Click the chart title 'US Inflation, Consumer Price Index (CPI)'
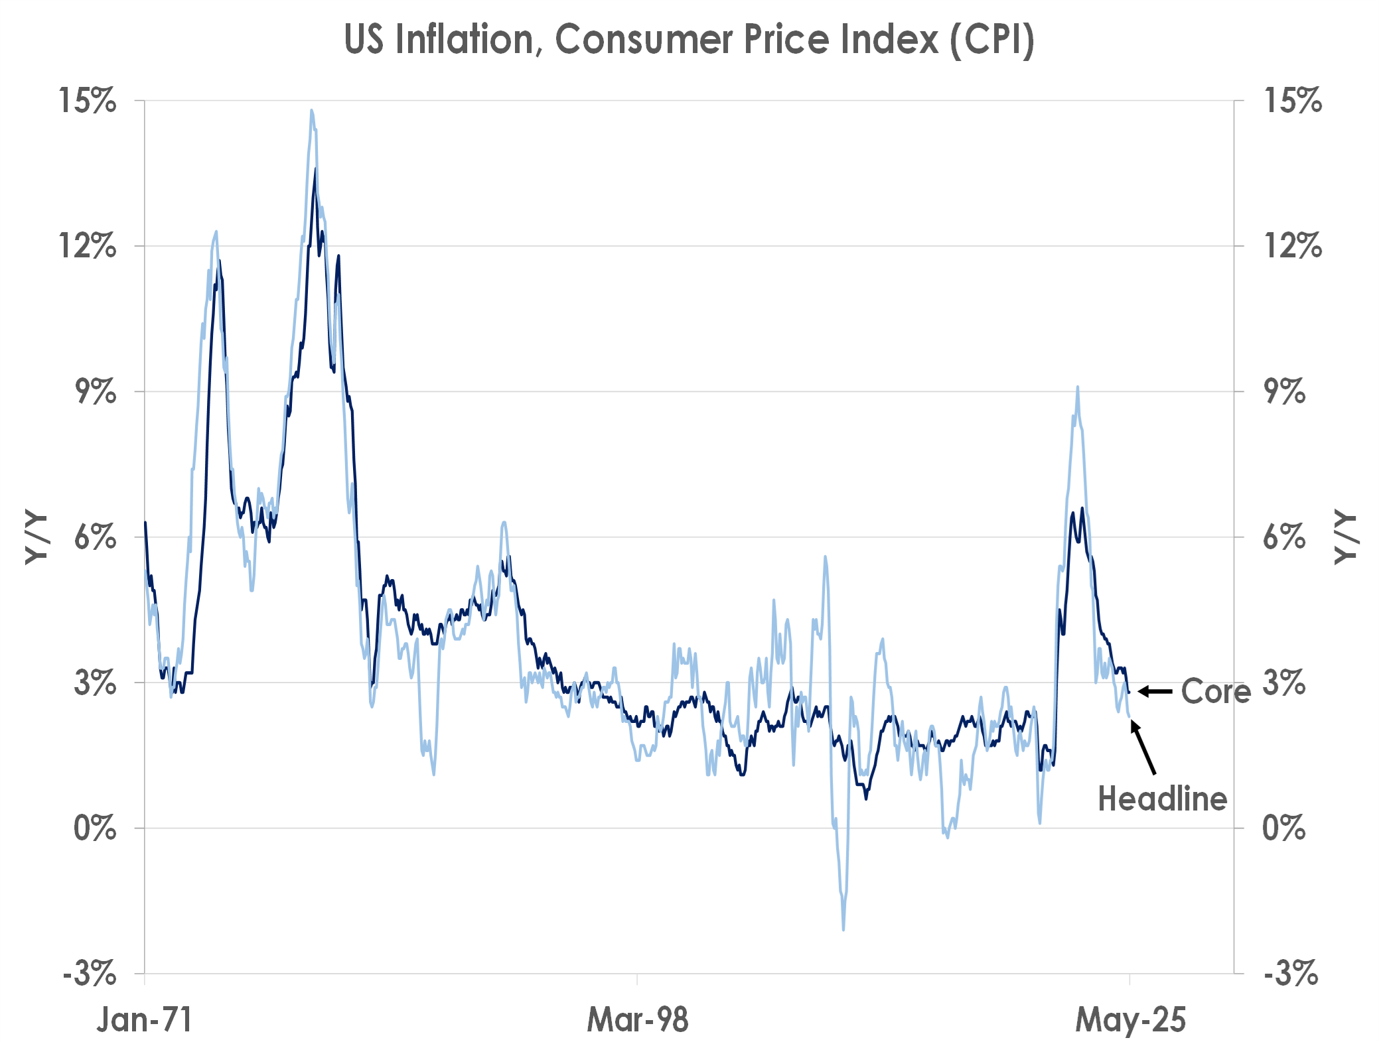(x=689, y=40)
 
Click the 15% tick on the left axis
(x=88, y=101)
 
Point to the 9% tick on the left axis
(x=96, y=391)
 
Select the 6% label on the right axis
(x=1283, y=537)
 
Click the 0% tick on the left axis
(x=94, y=828)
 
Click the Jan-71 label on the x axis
(x=145, y=1019)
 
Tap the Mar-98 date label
(x=638, y=1019)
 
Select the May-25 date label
(x=1130, y=1019)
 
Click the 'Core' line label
(x=1215, y=691)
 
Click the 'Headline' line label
(x=1162, y=799)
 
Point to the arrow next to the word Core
(x=1155, y=691)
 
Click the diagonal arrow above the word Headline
(x=1143, y=748)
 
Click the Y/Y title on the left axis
(x=36, y=537)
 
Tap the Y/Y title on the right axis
(x=1346, y=537)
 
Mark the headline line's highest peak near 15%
(x=311, y=111)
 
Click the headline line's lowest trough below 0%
(x=843, y=929)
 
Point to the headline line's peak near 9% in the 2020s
(x=1077, y=387)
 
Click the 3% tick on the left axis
(x=94, y=683)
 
